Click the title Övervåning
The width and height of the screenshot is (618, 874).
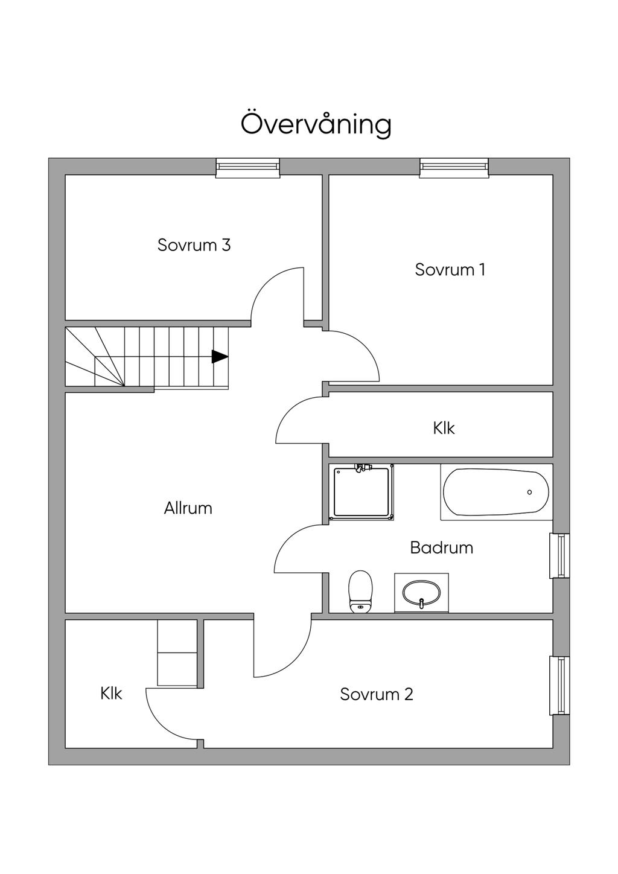[316, 124]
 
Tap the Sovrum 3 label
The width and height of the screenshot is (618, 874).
[194, 245]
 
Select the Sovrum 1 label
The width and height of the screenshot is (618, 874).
[450, 269]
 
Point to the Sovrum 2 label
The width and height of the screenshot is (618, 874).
[376, 694]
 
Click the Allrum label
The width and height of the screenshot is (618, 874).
[188, 508]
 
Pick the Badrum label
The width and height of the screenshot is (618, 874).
[441, 547]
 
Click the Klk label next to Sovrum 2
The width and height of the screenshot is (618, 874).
[111, 694]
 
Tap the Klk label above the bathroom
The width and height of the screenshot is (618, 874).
[444, 428]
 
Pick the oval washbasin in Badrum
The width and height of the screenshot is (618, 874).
[421, 593]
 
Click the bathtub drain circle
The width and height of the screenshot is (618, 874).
[529, 493]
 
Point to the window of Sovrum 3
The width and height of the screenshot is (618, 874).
[248, 167]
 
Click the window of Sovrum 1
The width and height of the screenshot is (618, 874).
[454, 167]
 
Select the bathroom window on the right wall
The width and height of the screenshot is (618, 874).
[561, 556]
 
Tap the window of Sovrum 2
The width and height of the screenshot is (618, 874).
[561, 686]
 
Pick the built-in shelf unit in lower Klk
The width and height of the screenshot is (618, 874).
[177, 653]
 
